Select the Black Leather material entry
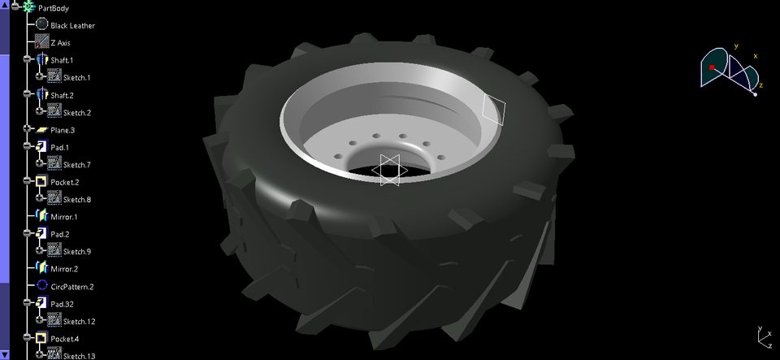point(72,25)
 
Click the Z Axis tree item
point(60,42)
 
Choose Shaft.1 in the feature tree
point(62,60)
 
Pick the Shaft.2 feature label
point(62,95)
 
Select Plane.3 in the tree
point(63,130)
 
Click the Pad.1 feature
point(61,147)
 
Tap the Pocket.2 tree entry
point(66,182)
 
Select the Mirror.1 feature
point(63,217)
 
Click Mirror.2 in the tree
point(63,268)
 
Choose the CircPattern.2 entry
point(71,286)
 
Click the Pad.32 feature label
point(63,303)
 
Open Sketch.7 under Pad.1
point(76,165)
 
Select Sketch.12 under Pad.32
point(79,321)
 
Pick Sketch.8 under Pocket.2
point(76,199)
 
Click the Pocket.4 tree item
point(66,338)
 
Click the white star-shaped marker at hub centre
point(388,170)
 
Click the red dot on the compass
point(712,67)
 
